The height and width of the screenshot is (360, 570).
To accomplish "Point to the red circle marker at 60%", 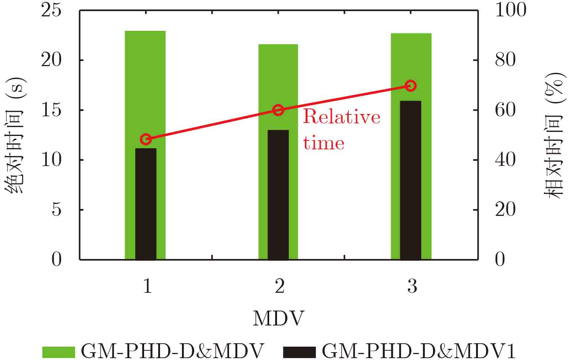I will (278, 110).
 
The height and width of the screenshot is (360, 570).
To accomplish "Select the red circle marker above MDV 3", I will (410, 86).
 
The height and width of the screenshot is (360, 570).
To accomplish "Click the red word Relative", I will (342, 117).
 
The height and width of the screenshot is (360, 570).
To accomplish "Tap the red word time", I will (323, 143).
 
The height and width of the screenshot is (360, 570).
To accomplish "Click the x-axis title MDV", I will (278, 319).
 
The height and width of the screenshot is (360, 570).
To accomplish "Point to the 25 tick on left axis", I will (51, 10).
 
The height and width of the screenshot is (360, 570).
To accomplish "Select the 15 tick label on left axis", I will (51, 110).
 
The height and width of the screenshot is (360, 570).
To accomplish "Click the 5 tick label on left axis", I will (56, 210).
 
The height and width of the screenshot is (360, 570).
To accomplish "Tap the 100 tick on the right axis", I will (511, 10).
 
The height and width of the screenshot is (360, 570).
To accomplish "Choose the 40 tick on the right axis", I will (505, 160).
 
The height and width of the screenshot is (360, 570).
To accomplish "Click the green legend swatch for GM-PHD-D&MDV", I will (58, 351).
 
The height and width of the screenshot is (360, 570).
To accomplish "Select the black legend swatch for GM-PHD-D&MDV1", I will (299, 351).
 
